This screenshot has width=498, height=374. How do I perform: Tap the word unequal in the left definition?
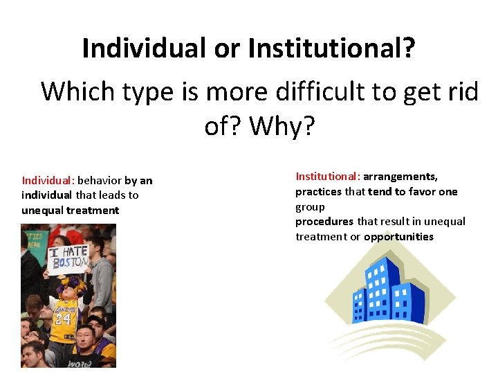click(x=41, y=211)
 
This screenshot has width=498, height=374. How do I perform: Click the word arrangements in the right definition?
click(x=400, y=177)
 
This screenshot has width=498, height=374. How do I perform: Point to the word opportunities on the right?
click(x=398, y=237)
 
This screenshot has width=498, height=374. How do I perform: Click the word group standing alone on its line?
click(x=310, y=206)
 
